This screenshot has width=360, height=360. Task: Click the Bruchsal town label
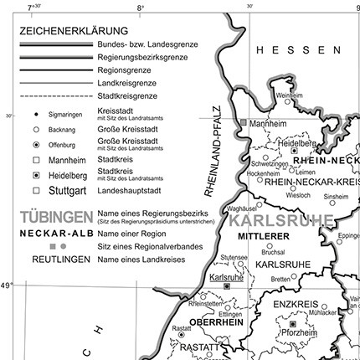(x=273, y=251)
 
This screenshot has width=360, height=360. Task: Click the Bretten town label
(x=280, y=280)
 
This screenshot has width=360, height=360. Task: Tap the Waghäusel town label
(x=242, y=208)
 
